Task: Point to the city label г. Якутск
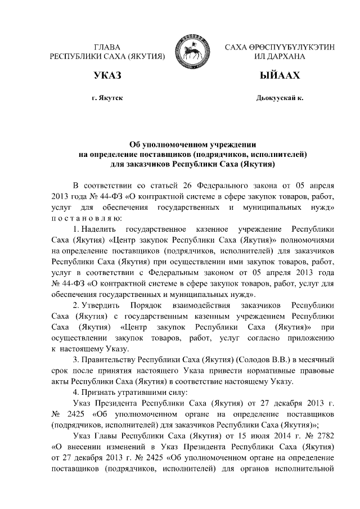pos(107,98)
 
